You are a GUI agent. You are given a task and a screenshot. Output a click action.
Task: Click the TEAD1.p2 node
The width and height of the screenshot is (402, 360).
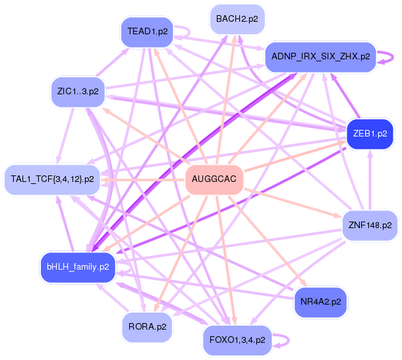pos(146,32)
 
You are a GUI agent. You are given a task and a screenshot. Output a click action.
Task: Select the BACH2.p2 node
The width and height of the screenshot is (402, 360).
pos(237,20)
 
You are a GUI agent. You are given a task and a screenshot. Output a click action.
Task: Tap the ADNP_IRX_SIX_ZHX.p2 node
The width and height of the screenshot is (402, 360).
pos(320,57)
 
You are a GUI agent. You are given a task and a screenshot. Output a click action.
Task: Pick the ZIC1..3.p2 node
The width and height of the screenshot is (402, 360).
pos(78,92)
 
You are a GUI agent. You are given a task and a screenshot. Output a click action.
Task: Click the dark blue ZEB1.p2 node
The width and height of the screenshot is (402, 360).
pos(370,133)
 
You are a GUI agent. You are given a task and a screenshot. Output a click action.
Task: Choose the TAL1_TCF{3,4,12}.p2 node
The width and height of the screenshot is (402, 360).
pos(53,179)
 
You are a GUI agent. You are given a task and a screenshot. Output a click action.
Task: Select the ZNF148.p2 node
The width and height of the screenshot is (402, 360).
pos(370,225)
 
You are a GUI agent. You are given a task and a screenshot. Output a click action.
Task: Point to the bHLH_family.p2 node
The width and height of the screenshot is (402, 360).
pos(78,267)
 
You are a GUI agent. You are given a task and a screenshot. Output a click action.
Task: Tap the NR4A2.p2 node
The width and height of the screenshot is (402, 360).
pos(320,301)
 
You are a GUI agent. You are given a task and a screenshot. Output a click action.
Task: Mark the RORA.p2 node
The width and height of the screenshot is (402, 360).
pos(147,326)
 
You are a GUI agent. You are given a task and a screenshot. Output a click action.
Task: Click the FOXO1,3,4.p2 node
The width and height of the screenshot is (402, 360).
pos(237,340)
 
